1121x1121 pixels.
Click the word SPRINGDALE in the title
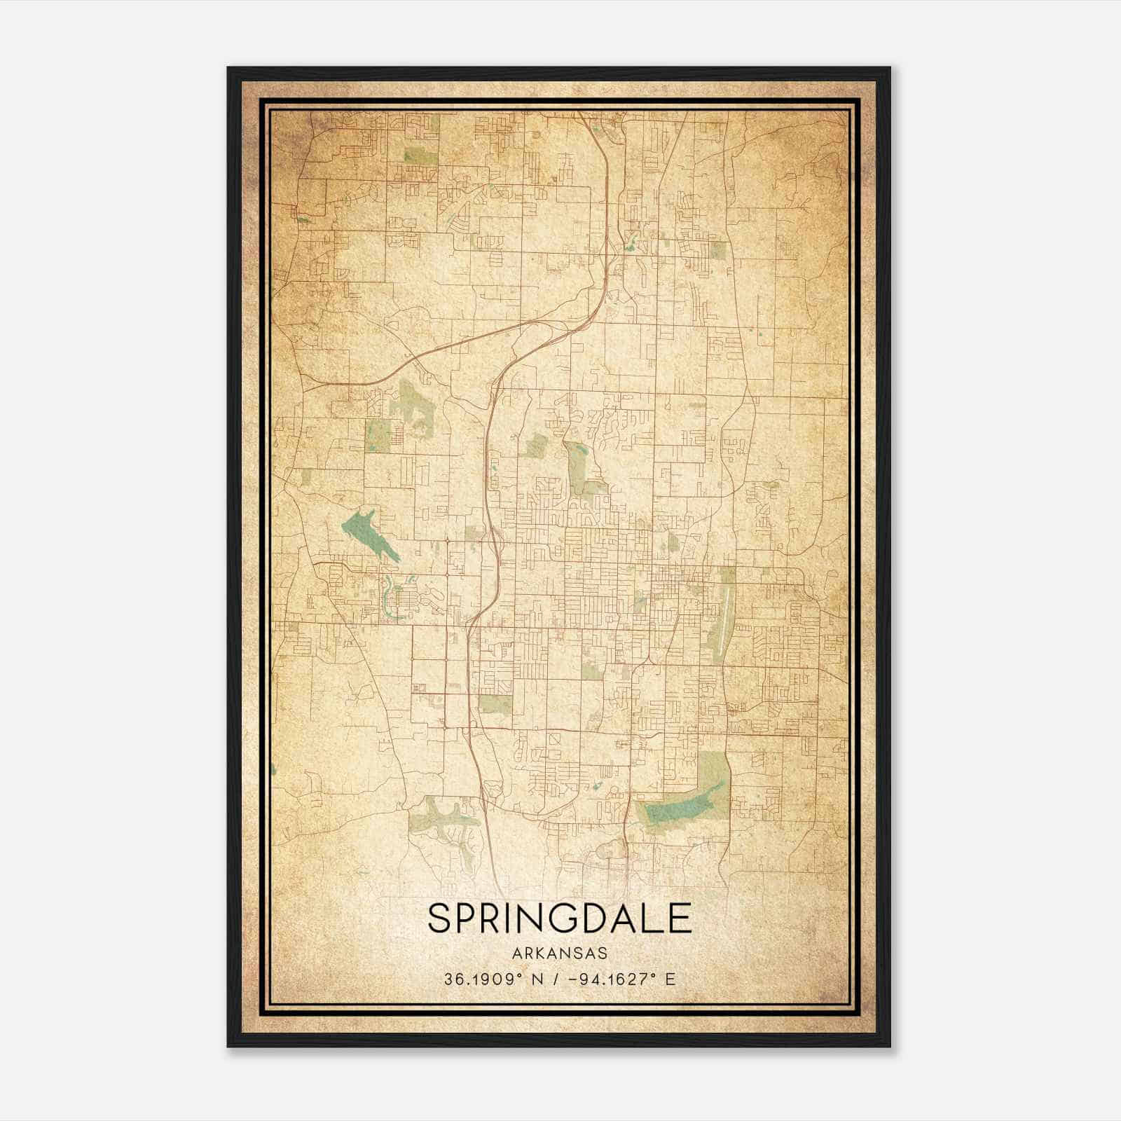[559, 918]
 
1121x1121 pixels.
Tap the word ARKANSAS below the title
[559, 954]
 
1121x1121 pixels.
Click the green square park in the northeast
[718, 251]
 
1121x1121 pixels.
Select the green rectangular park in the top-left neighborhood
[419, 154]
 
